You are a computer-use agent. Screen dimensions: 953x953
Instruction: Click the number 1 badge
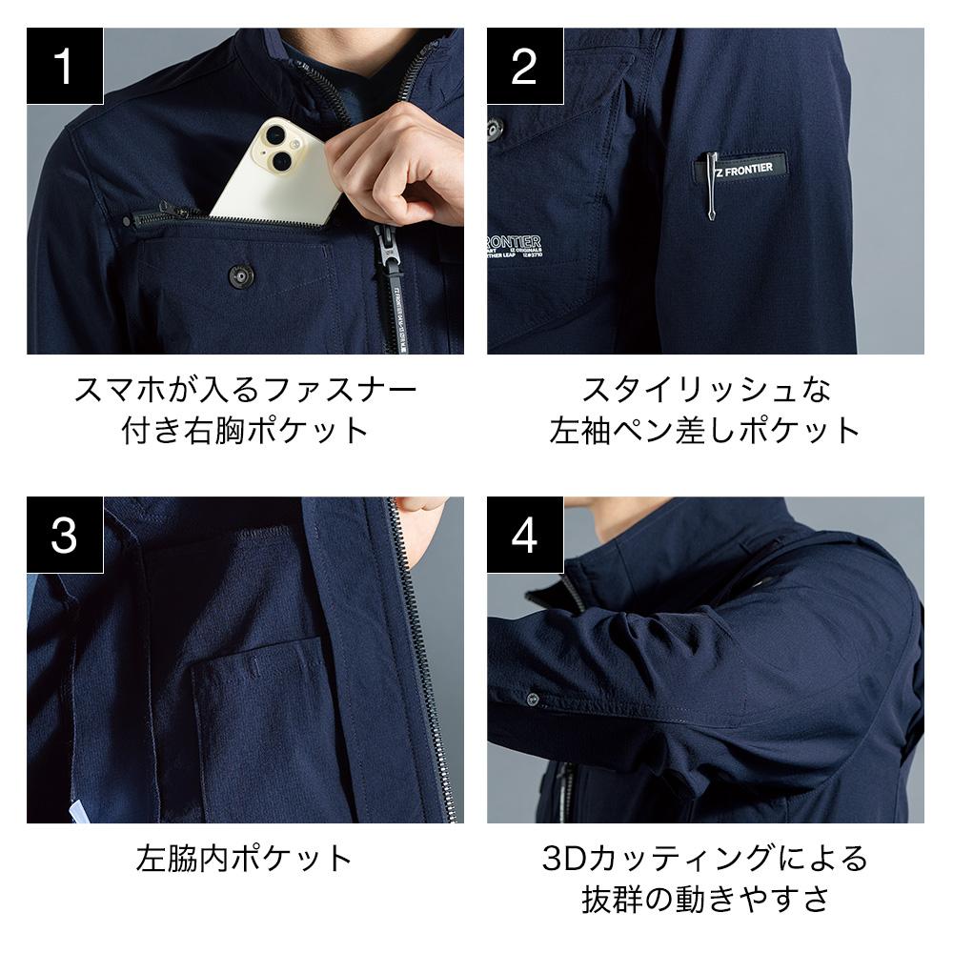click(65, 66)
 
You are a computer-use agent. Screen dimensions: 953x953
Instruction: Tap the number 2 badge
click(525, 66)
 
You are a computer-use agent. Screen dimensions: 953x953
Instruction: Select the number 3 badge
click(65, 535)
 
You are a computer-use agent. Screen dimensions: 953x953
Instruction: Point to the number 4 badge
click(525, 535)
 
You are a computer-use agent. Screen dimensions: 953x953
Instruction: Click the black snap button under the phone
click(240, 276)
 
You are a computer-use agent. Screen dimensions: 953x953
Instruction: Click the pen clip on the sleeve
click(709, 185)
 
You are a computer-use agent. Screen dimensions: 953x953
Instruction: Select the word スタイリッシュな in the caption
click(706, 389)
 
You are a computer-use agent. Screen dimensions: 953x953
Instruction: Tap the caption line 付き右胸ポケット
click(245, 430)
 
